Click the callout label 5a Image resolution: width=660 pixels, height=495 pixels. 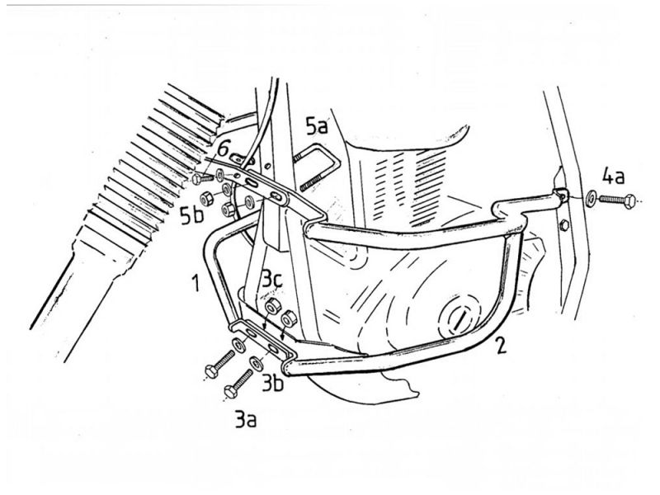point(316,126)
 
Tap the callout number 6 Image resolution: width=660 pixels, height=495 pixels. point(224,149)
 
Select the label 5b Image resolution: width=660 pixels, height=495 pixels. point(192,214)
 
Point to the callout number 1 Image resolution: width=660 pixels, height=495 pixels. point(195,282)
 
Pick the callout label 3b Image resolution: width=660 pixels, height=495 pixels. point(273,384)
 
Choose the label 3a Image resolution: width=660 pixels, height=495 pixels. point(245,419)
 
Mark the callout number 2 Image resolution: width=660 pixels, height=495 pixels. point(501,346)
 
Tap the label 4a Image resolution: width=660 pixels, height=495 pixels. point(613,176)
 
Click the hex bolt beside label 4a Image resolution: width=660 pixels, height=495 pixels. point(617,200)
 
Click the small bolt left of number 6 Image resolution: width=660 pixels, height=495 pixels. point(203,178)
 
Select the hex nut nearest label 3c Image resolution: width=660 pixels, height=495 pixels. point(272,305)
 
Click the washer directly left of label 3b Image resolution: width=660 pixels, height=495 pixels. point(256,362)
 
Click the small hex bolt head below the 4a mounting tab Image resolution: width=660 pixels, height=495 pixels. point(564,225)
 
